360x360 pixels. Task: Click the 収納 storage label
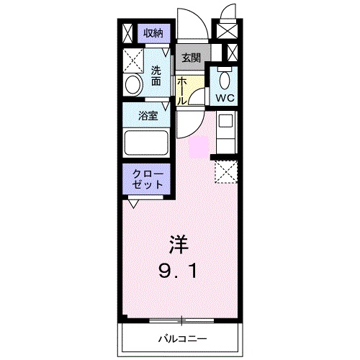[x=153, y=32]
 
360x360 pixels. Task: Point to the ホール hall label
[x=182, y=90]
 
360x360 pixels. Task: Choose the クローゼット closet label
[x=148, y=180]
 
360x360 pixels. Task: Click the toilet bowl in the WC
[x=225, y=77]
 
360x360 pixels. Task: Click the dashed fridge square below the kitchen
[x=225, y=171]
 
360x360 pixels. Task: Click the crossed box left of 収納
[x=127, y=32]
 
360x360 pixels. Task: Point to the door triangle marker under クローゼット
[x=133, y=204]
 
